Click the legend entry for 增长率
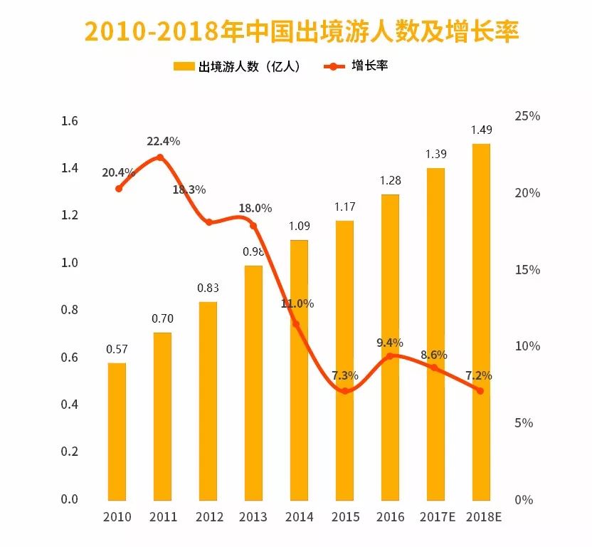(x=356, y=66)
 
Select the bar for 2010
(x=117, y=431)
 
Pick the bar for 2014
(x=299, y=370)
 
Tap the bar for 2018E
(x=481, y=321)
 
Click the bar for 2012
(x=208, y=400)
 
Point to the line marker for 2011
(x=160, y=157)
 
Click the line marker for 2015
(x=344, y=391)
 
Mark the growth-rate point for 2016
(x=390, y=355)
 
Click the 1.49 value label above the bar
(x=481, y=130)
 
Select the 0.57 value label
(x=117, y=349)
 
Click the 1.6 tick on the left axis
(x=69, y=121)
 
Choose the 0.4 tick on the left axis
(x=69, y=405)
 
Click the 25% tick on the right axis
(x=527, y=116)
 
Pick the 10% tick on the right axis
(x=527, y=346)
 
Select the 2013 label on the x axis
(x=253, y=516)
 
